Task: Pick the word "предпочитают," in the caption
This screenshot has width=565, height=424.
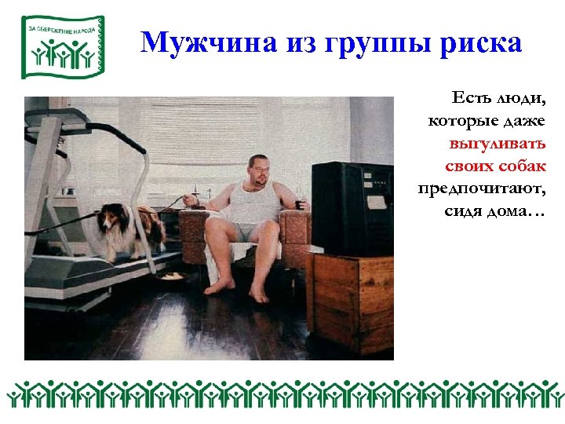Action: (x=482, y=189)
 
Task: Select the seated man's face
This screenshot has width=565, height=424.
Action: (x=258, y=170)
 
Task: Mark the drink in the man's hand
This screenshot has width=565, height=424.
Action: (x=298, y=206)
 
